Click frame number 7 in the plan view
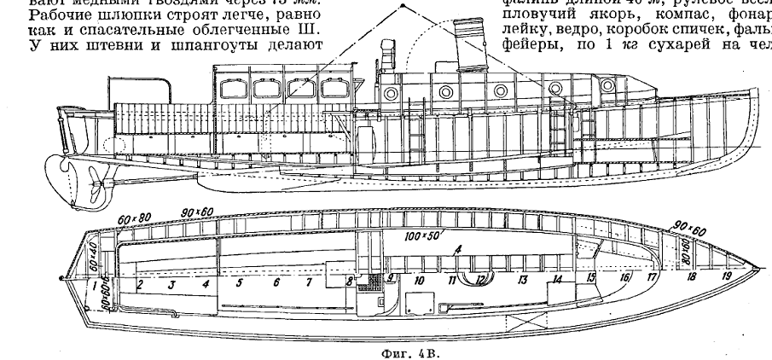click(309, 281)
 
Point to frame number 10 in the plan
click(419, 279)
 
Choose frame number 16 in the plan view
click(624, 277)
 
